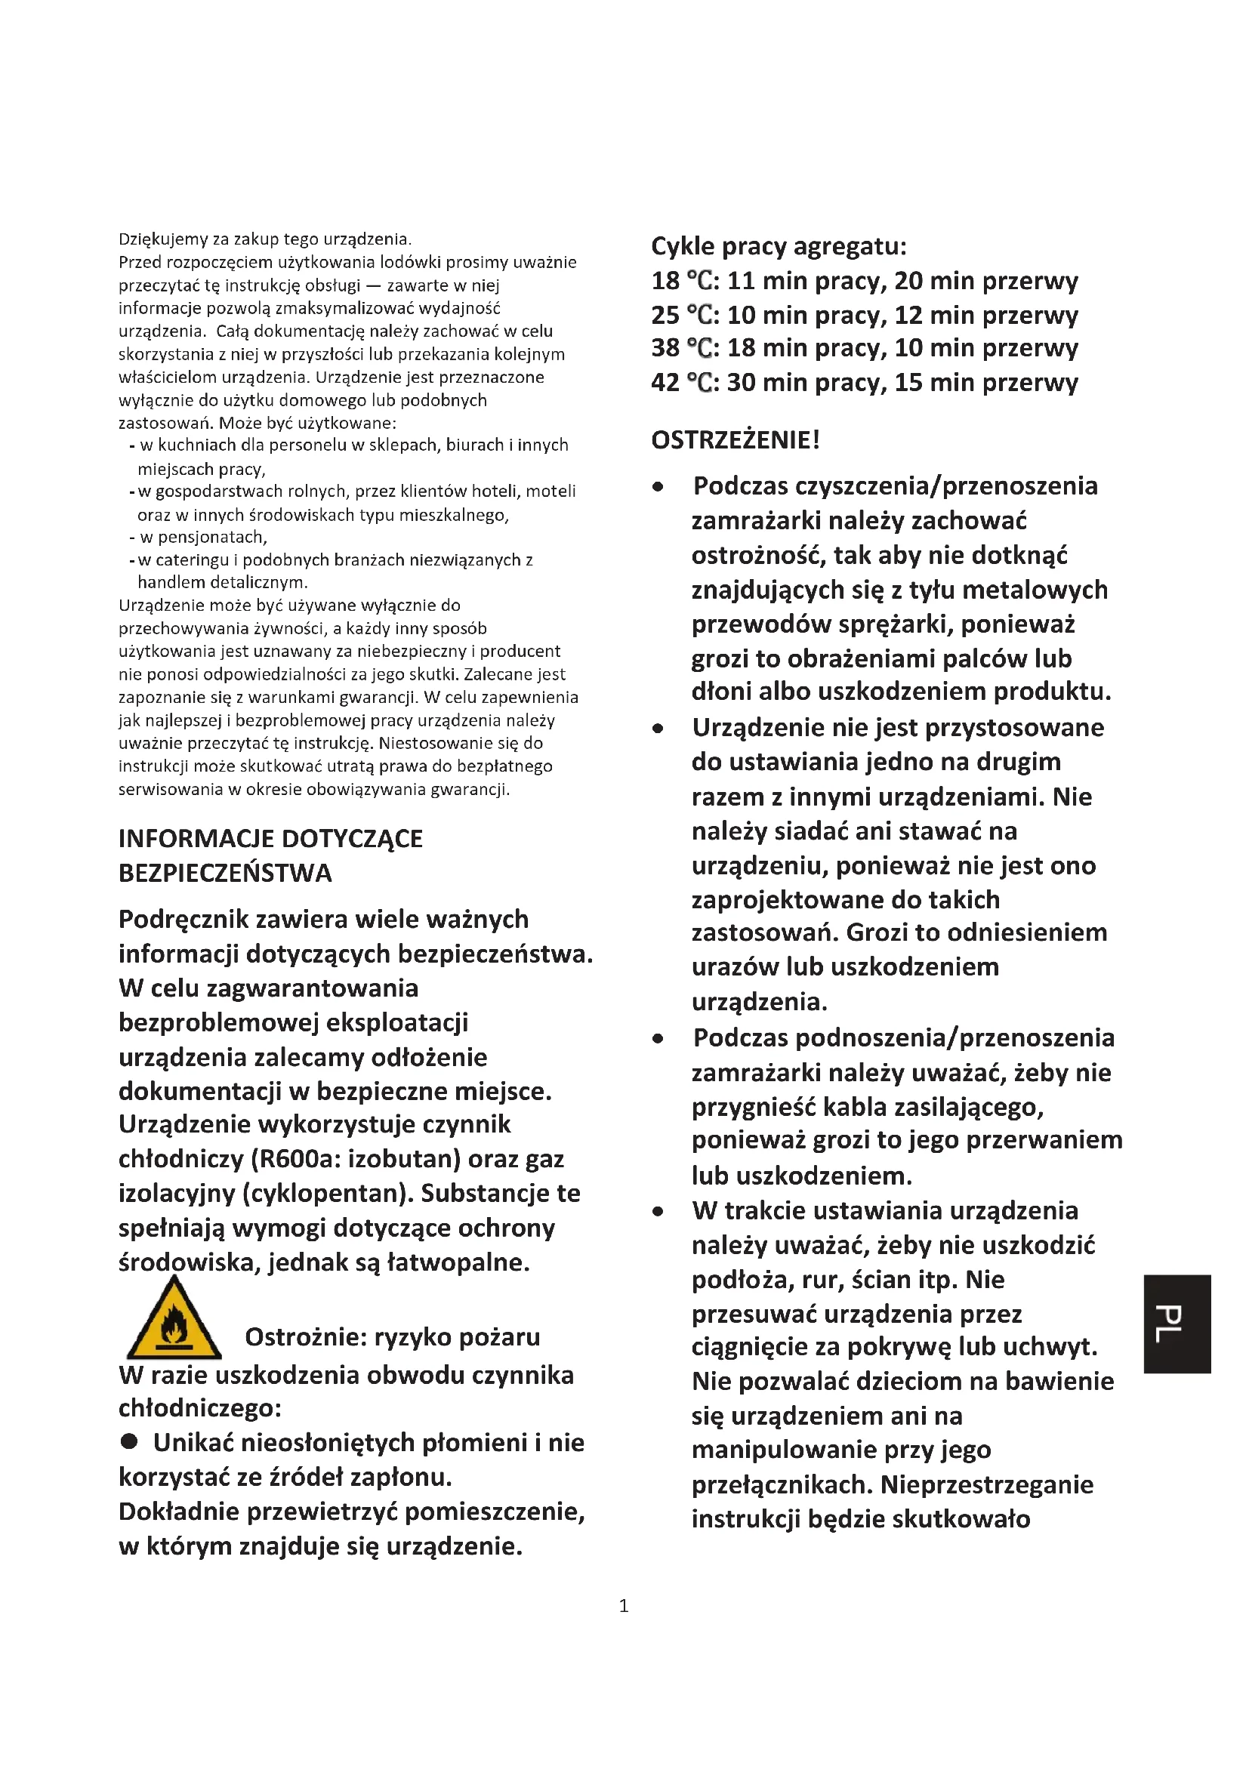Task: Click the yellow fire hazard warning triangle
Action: tap(174, 1321)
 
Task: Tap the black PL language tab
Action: tap(1177, 1323)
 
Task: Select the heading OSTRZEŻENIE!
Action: tap(736, 440)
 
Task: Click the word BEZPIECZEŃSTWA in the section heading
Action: tap(225, 873)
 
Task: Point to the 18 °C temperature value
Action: tap(683, 281)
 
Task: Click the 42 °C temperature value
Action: tap(683, 382)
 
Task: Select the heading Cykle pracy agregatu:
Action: tap(779, 246)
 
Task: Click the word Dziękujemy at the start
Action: tap(159, 239)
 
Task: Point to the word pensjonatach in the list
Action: tap(203, 537)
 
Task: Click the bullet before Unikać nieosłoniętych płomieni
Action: tap(129, 1441)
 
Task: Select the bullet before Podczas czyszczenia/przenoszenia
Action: tap(658, 487)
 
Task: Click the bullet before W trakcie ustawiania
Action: tap(658, 1211)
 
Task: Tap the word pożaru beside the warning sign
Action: tap(501, 1337)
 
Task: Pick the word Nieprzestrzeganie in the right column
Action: tap(987, 1484)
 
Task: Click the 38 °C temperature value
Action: tap(683, 348)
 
